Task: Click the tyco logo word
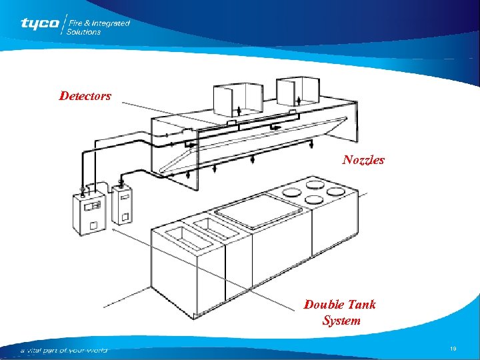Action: (x=39, y=24)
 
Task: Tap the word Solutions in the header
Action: (x=83, y=31)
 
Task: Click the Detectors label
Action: (x=85, y=96)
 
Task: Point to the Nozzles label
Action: (x=363, y=160)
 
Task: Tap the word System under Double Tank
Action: (x=341, y=321)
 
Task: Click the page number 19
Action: (x=453, y=349)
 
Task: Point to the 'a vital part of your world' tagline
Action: (x=63, y=350)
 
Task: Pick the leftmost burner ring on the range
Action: (x=291, y=191)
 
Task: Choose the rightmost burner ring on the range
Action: (x=335, y=191)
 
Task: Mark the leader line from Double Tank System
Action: (x=220, y=271)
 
